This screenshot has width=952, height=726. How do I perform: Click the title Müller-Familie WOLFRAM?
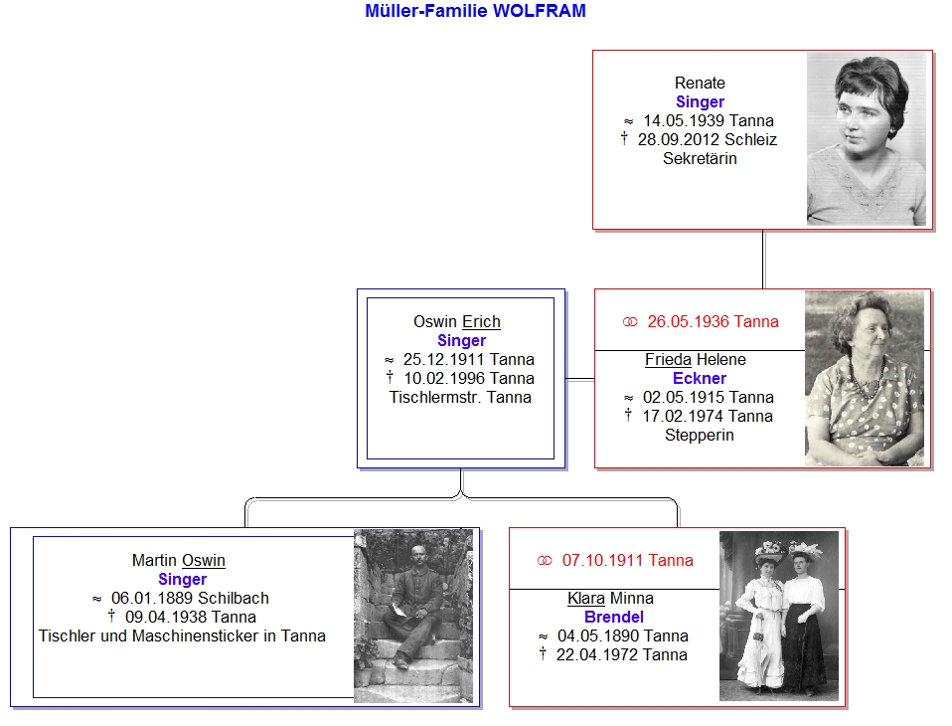[x=475, y=11]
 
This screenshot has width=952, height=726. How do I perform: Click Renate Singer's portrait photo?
[x=867, y=139]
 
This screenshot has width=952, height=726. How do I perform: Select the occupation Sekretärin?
[x=700, y=158]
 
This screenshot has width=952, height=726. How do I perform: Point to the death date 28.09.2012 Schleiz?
[x=708, y=140]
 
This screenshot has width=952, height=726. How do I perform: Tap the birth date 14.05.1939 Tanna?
[x=709, y=121]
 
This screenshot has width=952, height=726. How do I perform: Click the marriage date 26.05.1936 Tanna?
[x=713, y=321]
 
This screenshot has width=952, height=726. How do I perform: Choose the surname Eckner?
[x=700, y=379]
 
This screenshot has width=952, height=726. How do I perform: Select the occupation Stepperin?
[x=700, y=435]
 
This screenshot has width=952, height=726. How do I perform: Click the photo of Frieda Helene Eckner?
[x=865, y=379]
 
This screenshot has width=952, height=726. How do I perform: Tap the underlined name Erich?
[x=481, y=321]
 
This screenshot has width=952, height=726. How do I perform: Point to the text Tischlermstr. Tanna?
[x=460, y=398]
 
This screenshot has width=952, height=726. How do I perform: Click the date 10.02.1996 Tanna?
[x=469, y=379]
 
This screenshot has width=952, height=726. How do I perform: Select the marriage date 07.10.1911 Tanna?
[x=628, y=560]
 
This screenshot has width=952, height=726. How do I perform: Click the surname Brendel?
[x=614, y=618]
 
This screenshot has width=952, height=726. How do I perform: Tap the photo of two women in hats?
[x=779, y=616]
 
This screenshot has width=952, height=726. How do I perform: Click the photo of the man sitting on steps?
[x=413, y=616]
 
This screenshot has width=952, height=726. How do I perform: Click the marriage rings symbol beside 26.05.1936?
[x=630, y=322]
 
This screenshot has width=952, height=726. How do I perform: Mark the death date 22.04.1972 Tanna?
[x=622, y=655]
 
